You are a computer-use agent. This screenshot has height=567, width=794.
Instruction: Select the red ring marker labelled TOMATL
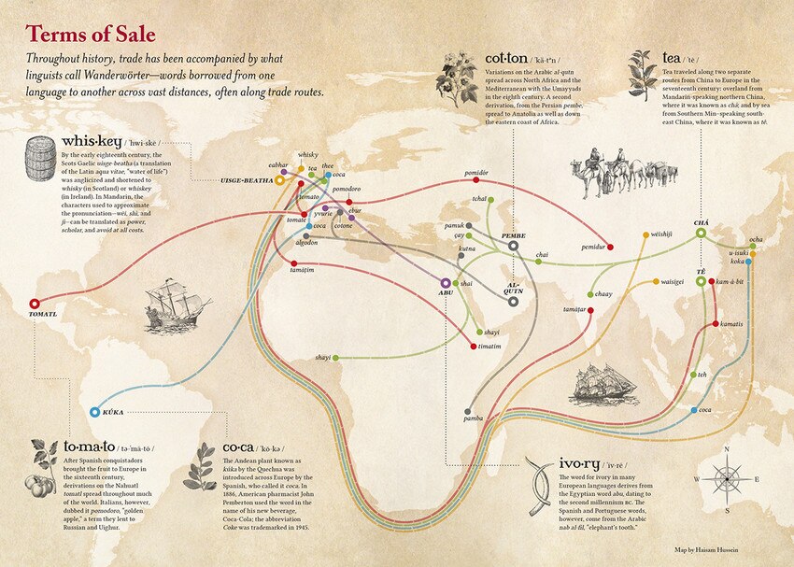[x=35, y=303]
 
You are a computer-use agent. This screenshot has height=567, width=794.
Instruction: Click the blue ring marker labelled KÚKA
[x=94, y=411]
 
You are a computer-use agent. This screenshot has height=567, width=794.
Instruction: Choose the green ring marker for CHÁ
[x=701, y=233]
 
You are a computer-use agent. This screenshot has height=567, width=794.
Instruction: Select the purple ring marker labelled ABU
[x=445, y=282]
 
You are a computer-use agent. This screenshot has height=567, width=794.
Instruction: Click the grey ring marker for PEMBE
[x=514, y=246]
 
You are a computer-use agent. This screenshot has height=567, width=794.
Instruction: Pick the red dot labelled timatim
[x=474, y=347]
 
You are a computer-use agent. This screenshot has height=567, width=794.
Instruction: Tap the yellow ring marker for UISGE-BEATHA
[x=279, y=180]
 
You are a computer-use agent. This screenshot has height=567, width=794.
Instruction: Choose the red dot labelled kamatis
[x=713, y=324]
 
